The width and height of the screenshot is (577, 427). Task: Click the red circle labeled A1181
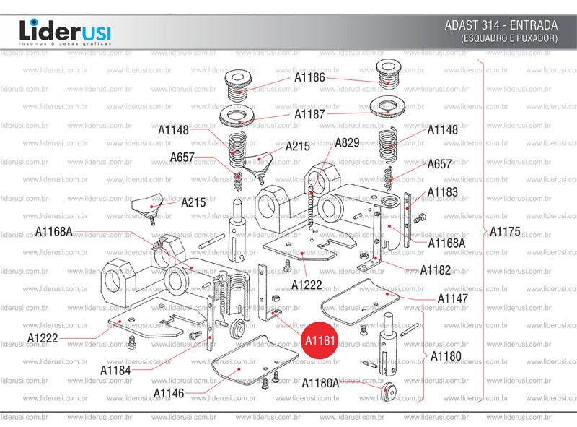[x=318, y=339]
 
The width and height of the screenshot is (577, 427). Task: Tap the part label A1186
[x=309, y=77]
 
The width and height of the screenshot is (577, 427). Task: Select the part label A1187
[x=309, y=114]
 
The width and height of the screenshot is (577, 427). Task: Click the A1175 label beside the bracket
[x=504, y=231]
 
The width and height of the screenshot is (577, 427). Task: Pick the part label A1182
[x=436, y=270]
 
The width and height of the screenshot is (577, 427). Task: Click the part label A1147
[x=452, y=298]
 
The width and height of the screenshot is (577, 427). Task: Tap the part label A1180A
[x=320, y=382]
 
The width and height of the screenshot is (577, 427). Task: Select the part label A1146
[x=169, y=392]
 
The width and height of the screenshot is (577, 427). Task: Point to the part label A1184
[x=115, y=370]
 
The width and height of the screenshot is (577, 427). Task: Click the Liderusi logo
[x=65, y=32]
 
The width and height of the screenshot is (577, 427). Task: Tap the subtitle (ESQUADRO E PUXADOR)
[x=509, y=38]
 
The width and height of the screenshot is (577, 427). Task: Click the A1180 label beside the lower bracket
[x=446, y=356]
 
